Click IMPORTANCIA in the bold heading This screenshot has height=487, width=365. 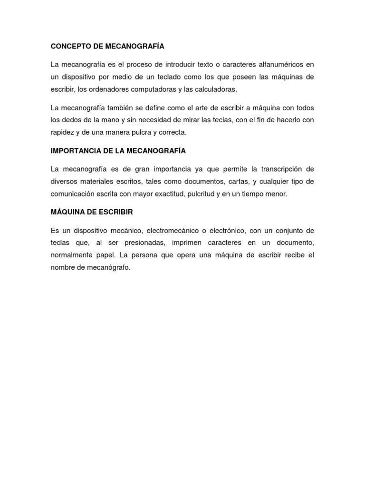click(x=74, y=151)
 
